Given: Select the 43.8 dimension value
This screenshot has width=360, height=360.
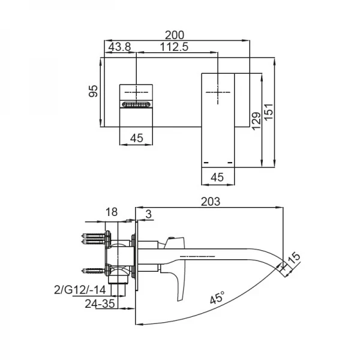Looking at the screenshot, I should (x=119, y=47).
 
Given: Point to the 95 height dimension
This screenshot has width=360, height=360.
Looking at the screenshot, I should (x=92, y=91).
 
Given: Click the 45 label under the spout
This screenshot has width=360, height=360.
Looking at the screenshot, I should (x=136, y=138).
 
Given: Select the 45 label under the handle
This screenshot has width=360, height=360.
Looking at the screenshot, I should (x=217, y=176).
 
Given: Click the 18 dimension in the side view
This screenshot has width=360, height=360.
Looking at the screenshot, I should (x=112, y=212).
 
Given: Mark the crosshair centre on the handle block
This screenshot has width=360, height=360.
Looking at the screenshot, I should (x=217, y=92).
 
